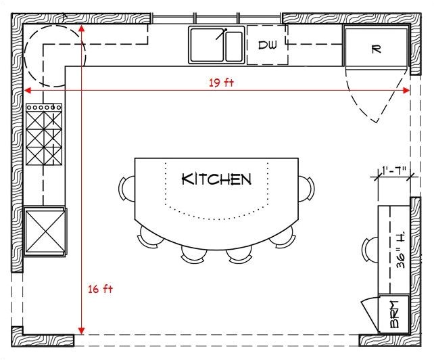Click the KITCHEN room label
tap(216, 179)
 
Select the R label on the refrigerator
tap(377, 49)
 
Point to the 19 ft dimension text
tap(220, 83)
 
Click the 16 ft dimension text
tap(100, 289)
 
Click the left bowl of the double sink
tap(207, 45)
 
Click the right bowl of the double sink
tap(233, 45)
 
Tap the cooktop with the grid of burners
tap(44, 138)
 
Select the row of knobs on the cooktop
tap(44, 107)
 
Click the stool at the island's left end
tap(126, 187)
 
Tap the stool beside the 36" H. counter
tap(370, 249)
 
